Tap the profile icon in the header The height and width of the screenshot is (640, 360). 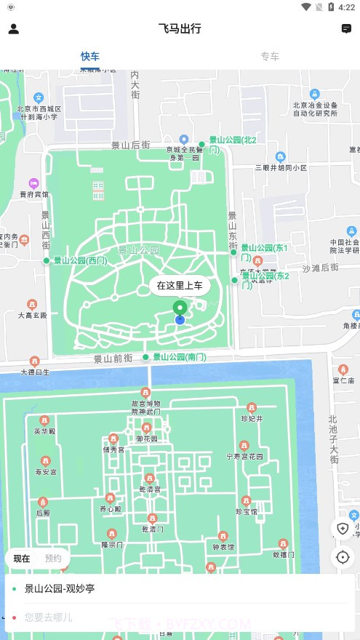tap(13, 29)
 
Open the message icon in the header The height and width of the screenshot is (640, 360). tap(346, 29)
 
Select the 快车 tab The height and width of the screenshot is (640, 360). tap(90, 56)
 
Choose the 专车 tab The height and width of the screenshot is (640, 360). tap(270, 56)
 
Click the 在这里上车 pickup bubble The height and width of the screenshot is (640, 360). tap(180, 286)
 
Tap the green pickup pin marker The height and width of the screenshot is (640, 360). tap(180, 308)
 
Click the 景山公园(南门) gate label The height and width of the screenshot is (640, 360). tap(179, 357)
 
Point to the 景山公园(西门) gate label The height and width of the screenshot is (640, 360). tap(79, 260)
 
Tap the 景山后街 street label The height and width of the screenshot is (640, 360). tap(130, 145)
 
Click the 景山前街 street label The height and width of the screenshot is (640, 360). tap(113, 359)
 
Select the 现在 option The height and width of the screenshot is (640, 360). tap(22, 559)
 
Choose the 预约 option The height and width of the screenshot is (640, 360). tap(53, 559)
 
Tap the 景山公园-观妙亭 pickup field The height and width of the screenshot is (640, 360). tap(60, 588)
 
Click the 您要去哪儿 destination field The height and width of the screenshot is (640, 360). tap(48, 617)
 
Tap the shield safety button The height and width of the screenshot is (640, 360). tap(343, 528)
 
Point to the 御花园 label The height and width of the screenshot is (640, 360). tap(146, 439)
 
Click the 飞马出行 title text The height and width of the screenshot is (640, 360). tap(180, 29)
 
